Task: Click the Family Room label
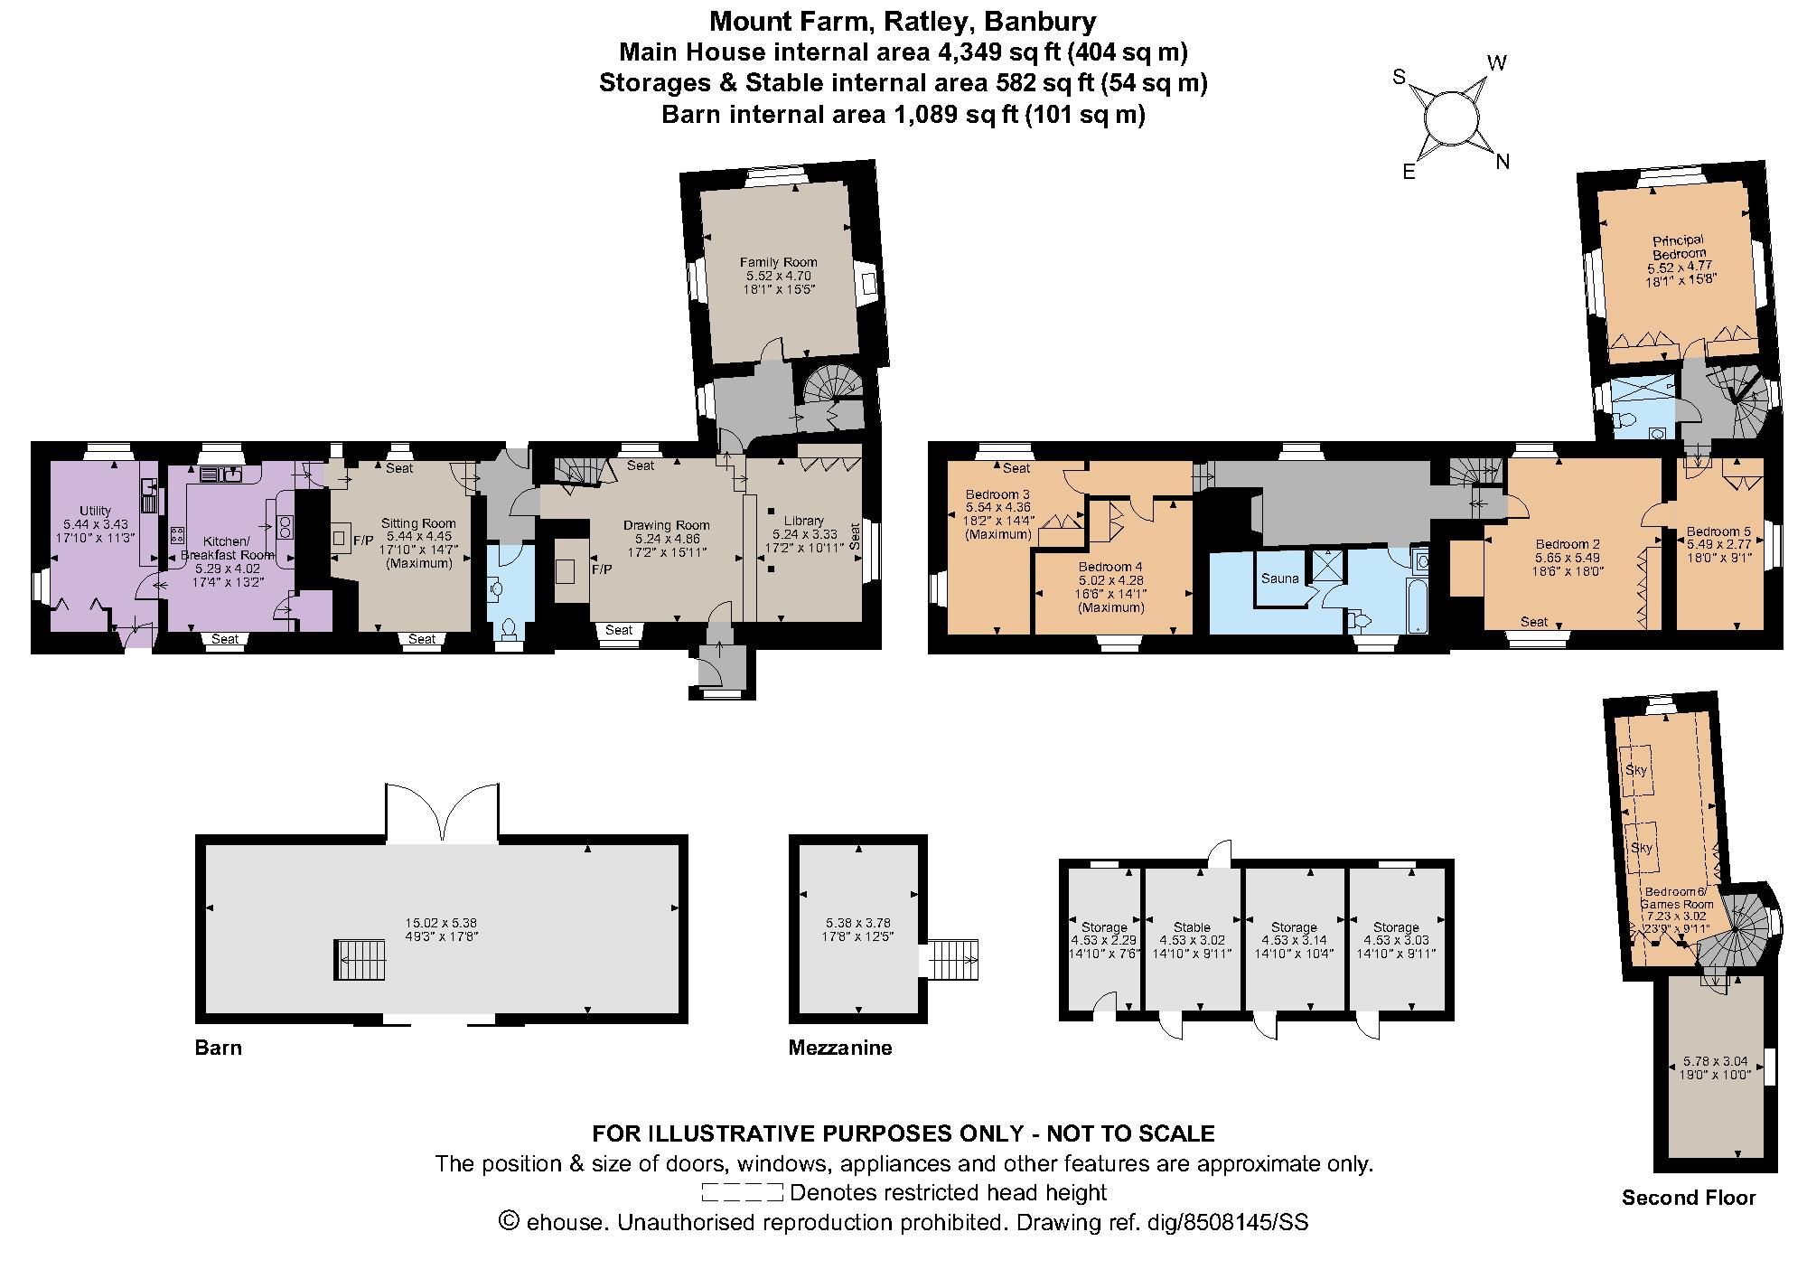point(778,262)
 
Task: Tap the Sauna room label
point(1279,578)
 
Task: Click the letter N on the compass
point(1503,163)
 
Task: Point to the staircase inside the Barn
point(360,959)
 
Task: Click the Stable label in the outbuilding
point(1192,927)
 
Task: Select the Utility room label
point(96,511)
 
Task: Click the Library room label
point(803,521)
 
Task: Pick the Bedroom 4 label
point(1111,567)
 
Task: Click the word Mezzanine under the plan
point(839,1048)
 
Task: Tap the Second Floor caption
point(1688,1198)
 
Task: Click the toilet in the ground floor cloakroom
point(510,627)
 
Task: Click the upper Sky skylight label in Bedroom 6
point(1635,770)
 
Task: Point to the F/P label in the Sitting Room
point(363,541)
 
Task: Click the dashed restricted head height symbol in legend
point(742,1192)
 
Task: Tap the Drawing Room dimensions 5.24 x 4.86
point(666,539)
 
